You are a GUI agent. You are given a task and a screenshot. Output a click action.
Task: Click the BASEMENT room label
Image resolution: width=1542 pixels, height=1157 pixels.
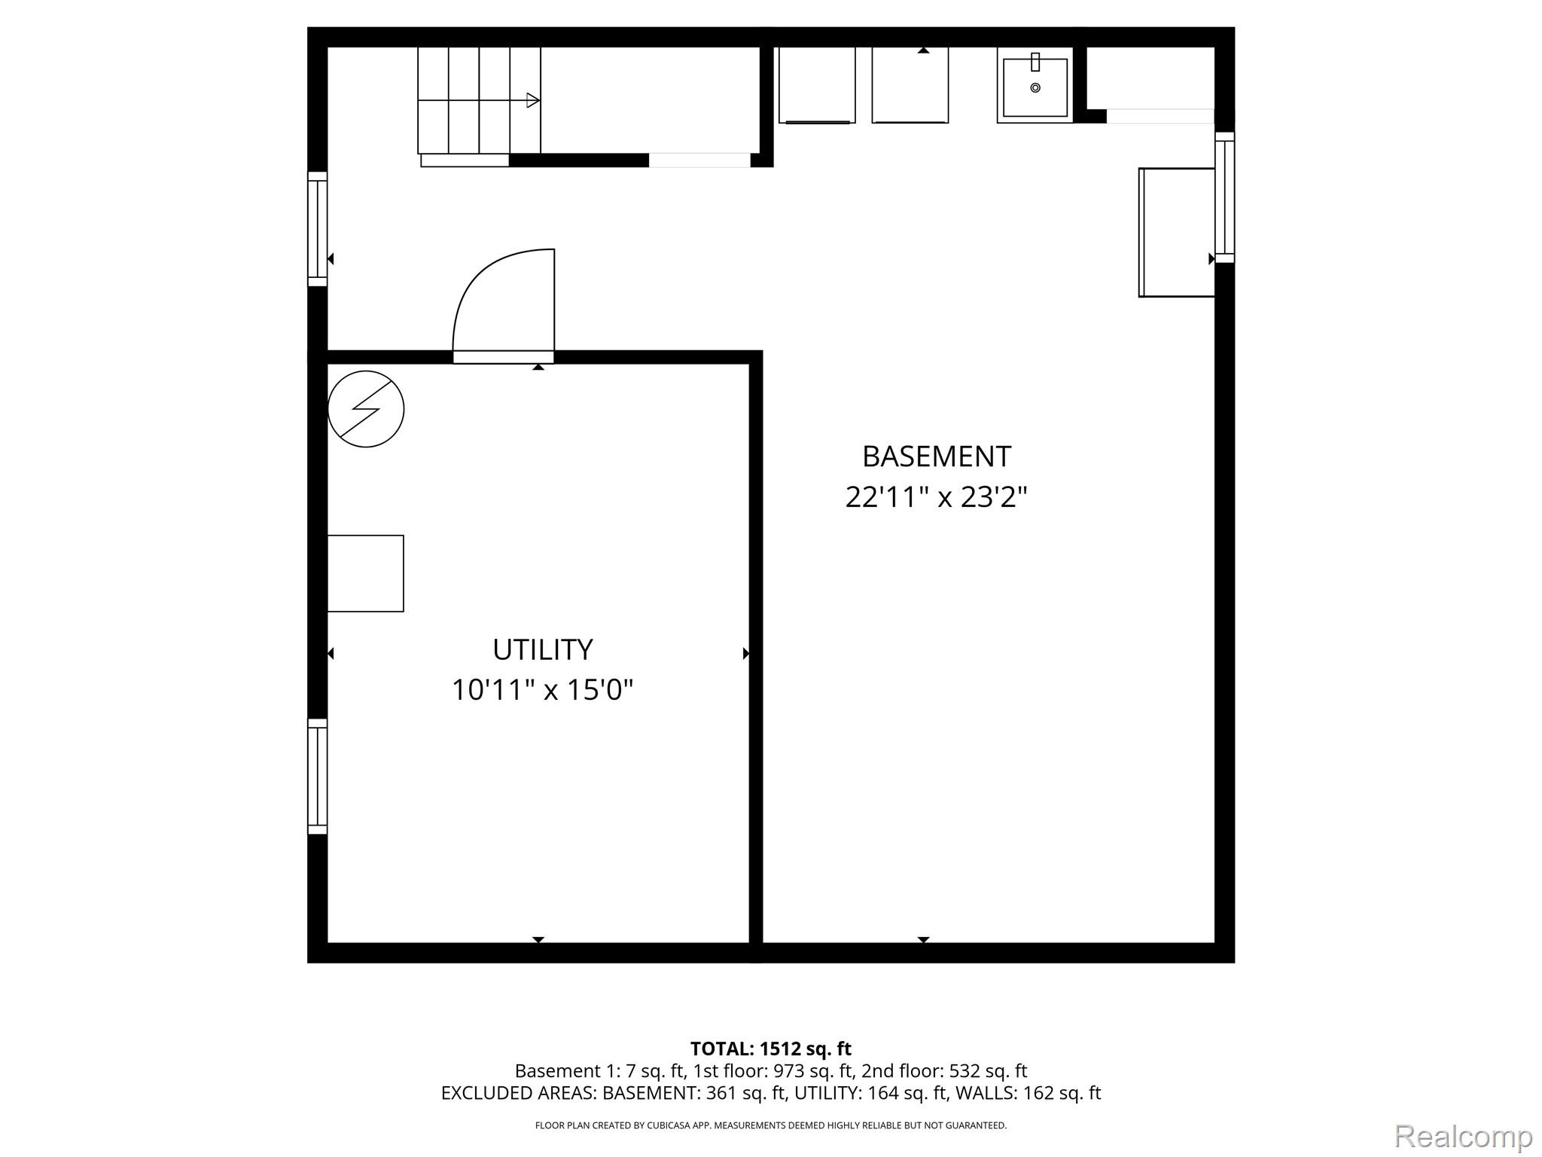936,456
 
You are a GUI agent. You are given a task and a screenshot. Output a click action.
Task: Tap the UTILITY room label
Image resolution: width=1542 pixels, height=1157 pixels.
542,649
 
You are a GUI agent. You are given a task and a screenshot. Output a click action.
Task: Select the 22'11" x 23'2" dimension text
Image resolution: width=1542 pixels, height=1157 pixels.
936,497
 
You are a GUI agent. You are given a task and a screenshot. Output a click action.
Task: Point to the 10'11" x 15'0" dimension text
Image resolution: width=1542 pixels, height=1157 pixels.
542,690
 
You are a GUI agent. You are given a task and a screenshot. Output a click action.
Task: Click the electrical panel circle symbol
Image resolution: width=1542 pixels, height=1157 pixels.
366,409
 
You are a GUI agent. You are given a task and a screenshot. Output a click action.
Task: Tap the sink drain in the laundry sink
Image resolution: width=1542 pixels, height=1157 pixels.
1035,88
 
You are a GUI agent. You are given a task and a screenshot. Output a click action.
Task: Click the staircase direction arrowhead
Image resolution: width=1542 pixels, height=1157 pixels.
533,100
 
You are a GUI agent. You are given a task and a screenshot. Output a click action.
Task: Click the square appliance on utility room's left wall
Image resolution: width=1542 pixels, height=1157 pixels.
366,573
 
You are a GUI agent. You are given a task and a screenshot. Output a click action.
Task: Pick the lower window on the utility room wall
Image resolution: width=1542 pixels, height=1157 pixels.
318,777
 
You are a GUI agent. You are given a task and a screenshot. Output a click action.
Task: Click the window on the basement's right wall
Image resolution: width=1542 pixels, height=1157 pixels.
1225,197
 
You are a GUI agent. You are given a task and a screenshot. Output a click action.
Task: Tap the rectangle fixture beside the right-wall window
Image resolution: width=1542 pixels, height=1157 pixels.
1177,232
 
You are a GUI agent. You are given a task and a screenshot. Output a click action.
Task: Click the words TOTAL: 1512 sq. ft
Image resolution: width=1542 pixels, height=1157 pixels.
770,1049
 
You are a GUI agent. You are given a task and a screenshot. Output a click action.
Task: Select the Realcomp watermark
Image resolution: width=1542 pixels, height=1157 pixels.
1463,1136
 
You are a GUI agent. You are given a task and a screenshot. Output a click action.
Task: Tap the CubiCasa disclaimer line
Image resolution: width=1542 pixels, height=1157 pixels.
770,1125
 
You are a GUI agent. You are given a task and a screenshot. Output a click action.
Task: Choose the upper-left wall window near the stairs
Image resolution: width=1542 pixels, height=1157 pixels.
318,229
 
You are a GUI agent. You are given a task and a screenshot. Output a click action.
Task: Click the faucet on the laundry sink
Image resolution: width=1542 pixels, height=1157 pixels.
1035,62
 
